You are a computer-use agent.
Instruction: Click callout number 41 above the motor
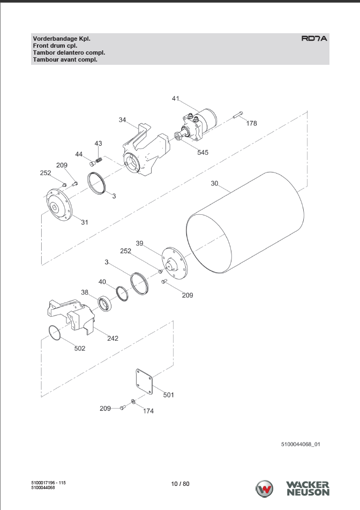point(176,99)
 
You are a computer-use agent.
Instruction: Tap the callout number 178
point(251,123)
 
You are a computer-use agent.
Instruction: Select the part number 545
point(202,153)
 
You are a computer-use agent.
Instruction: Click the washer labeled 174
point(133,402)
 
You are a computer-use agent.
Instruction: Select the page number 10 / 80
point(180,484)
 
